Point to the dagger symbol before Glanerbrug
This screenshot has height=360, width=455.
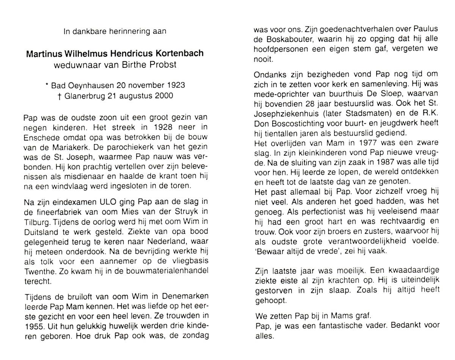(60, 96)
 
